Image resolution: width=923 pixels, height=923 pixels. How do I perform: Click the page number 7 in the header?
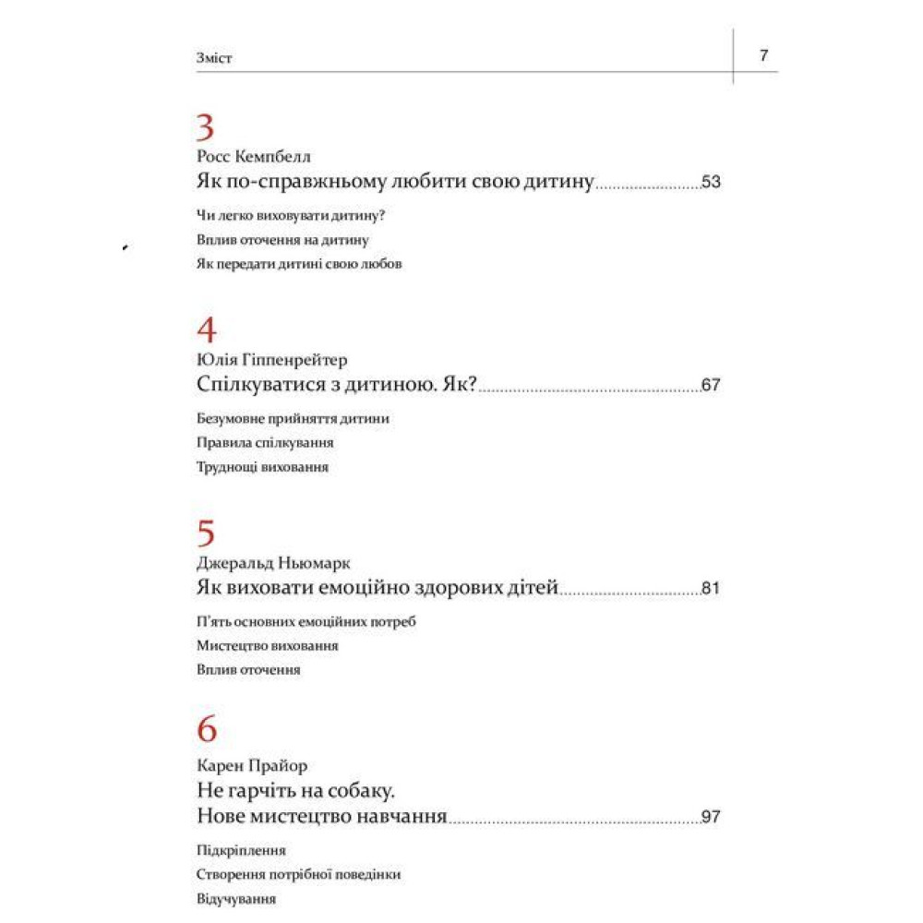tap(763, 55)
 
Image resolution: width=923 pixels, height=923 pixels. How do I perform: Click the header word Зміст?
tap(214, 57)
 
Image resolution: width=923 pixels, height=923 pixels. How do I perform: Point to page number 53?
tap(711, 182)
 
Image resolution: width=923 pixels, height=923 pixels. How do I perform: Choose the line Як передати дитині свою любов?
tap(300, 263)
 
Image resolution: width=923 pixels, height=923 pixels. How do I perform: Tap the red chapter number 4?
tap(207, 330)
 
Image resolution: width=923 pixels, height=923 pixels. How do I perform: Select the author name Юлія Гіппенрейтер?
tap(272, 359)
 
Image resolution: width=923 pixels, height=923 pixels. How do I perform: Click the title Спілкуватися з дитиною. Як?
tap(336, 385)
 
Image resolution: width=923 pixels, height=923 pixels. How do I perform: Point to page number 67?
tap(711, 386)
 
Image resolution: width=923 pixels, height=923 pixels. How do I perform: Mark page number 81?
tap(711, 589)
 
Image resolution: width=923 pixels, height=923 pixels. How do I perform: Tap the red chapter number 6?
tap(207, 730)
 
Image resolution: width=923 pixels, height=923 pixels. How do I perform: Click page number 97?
tap(711, 817)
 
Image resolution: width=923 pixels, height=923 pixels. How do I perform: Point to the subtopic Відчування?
tap(236, 898)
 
